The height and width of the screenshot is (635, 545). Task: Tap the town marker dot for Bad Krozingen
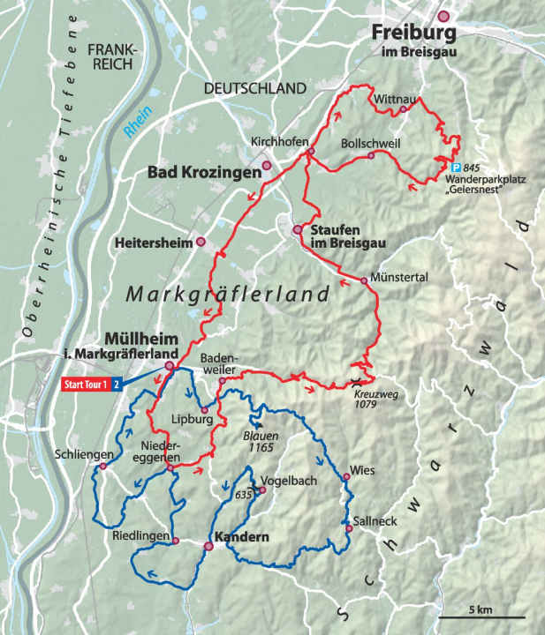tap(267, 165)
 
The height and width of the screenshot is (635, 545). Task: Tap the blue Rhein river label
tap(137, 123)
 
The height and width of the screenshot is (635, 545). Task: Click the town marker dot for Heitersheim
tap(201, 241)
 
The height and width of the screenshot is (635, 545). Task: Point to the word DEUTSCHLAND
tap(254, 88)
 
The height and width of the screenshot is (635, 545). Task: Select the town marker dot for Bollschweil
tap(371, 155)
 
